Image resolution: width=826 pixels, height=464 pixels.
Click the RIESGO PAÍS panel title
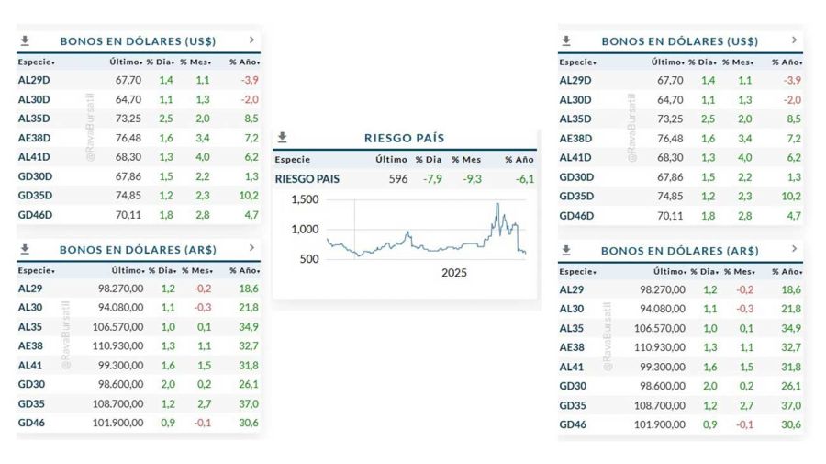point(404,138)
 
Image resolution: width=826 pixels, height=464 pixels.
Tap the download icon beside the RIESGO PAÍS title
point(283,138)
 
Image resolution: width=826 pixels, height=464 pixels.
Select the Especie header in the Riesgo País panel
point(293,159)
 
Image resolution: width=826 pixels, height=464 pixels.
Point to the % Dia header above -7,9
point(429,159)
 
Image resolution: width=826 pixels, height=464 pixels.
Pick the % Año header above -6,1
point(519,159)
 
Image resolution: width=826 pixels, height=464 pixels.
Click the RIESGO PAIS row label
point(307,179)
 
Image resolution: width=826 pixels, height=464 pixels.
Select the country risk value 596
point(397,179)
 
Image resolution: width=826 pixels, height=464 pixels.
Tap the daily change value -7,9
point(431,179)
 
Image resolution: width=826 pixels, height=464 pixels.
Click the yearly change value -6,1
point(524,179)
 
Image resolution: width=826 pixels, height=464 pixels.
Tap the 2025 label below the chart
point(453,273)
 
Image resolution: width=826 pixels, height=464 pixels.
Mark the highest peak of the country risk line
point(497,203)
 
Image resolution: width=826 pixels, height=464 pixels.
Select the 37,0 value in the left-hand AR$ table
point(247,404)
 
